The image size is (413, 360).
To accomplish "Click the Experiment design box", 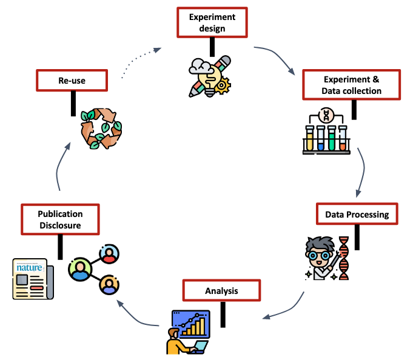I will click(x=212, y=22).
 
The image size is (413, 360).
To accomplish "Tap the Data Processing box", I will click(x=357, y=215).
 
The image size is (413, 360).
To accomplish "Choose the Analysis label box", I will click(x=221, y=291).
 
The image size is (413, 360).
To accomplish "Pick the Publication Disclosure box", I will click(x=59, y=219).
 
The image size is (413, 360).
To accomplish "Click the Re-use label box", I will click(x=72, y=80).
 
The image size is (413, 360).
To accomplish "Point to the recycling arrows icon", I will click(x=101, y=128).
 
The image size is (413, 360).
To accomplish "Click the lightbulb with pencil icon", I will click(x=209, y=76).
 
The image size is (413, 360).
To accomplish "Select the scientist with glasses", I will click(x=320, y=258).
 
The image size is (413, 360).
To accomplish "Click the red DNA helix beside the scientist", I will click(x=344, y=258).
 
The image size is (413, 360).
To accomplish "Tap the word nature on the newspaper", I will click(x=27, y=267).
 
